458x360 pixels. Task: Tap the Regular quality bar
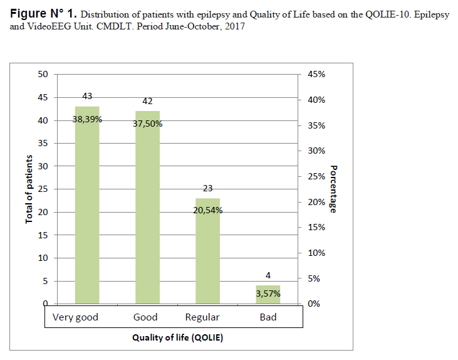(x=207, y=251)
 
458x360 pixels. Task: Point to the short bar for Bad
(x=268, y=295)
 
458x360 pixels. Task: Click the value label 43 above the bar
(x=88, y=96)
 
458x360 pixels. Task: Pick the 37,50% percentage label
(x=147, y=124)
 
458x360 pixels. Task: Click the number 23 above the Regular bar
(x=208, y=188)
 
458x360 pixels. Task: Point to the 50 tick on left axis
(x=43, y=74)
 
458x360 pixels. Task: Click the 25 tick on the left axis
(x=43, y=189)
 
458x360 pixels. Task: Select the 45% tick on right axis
(x=315, y=74)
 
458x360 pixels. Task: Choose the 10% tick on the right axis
(x=315, y=253)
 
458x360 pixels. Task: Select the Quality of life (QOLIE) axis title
(x=177, y=337)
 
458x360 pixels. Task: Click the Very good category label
(x=76, y=317)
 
